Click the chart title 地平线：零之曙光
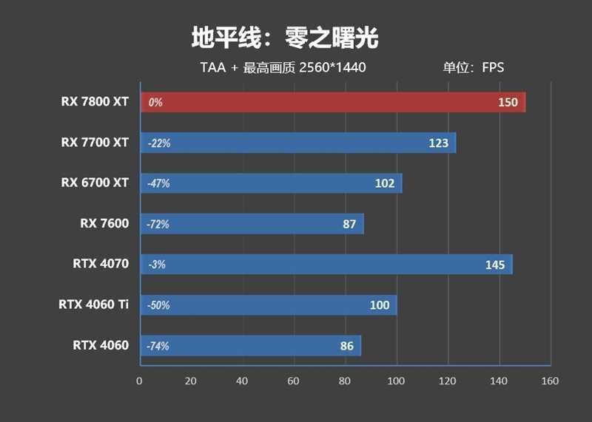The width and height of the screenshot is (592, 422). pyautogui.click(x=285, y=38)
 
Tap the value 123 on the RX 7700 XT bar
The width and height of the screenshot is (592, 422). pyautogui.click(x=438, y=143)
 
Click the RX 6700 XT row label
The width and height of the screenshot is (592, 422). pyautogui.click(x=95, y=183)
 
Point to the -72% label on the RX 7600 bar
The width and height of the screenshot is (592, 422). pyautogui.click(x=158, y=224)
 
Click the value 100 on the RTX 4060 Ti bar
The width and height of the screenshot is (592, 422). pyautogui.click(x=380, y=305)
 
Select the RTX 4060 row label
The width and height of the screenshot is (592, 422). pyautogui.click(x=101, y=345)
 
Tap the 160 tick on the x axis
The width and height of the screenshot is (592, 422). pyautogui.click(x=550, y=381)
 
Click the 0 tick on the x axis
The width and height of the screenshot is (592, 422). pyautogui.click(x=139, y=381)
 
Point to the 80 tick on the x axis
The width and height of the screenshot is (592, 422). pyautogui.click(x=344, y=381)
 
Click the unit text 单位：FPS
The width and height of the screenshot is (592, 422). pyautogui.click(x=473, y=68)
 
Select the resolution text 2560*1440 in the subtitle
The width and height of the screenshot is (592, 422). pyautogui.click(x=332, y=68)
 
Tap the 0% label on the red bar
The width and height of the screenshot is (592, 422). pyautogui.click(x=155, y=103)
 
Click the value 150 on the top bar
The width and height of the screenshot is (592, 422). pyautogui.click(x=508, y=103)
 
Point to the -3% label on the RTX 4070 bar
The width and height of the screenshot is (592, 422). pyautogui.click(x=156, y=265)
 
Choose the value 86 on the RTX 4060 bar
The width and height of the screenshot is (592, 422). pyautogui.click(x=346, y=345)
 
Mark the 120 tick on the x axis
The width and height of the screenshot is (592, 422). pyautogui.click(x=447, y=381)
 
